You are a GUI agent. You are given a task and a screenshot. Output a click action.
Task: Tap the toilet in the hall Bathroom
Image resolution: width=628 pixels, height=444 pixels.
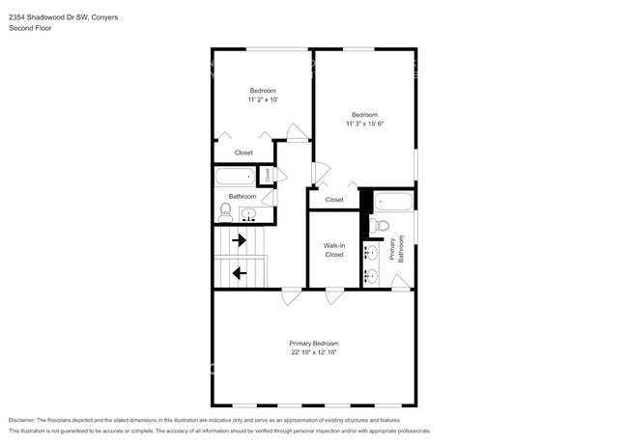pos(225,211)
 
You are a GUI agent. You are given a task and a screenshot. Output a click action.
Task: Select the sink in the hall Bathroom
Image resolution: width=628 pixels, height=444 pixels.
pos(248,214)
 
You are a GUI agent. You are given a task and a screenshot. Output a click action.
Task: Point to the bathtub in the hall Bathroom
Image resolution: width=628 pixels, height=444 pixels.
pos(236,177)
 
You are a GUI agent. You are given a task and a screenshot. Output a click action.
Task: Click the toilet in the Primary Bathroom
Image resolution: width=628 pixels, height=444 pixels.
pos(381,225)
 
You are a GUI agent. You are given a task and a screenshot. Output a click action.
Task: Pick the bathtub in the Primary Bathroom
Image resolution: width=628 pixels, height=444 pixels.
pos(393,201)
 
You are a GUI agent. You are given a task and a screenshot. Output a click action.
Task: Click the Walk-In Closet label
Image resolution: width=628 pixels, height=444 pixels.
pos(334,250)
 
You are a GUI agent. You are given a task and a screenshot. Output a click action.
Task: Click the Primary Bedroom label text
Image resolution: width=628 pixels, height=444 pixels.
pos(314,343)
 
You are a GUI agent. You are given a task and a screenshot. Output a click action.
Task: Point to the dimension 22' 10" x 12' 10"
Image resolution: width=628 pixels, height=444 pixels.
pos(314,352)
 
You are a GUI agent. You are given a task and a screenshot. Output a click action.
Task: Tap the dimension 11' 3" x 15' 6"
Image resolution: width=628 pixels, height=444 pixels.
pos(364,123)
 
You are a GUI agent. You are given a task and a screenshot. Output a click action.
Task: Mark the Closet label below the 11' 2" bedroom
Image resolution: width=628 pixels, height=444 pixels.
pos(243,153)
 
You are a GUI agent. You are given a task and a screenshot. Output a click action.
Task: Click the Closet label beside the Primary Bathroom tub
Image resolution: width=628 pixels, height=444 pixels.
pos(333,200)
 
